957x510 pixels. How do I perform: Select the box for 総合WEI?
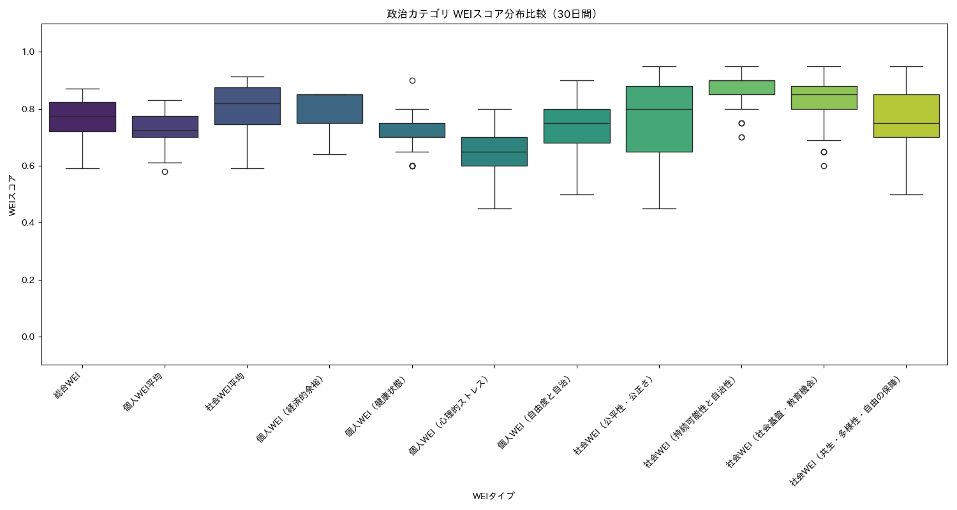(x=82, y=117)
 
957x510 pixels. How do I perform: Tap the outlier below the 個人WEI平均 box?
(x=165, y=171)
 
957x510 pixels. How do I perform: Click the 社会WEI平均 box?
(x=247, y=106)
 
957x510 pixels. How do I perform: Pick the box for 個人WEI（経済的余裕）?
(x=329, y=109)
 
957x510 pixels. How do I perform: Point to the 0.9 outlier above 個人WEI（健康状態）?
(x=412, y=80)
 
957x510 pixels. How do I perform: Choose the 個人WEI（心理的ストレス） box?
(x=494, y=152)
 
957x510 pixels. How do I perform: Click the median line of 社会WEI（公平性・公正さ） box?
(x=659, y=109)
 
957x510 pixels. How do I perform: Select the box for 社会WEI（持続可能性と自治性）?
(x=741, y=87)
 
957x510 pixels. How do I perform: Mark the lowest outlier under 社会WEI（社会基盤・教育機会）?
(x=824, y=166)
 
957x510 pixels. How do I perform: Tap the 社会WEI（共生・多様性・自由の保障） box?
(x=906, y=116)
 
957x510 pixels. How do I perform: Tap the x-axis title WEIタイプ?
(x=494, y=496)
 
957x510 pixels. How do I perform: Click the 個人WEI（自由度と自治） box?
(x=577, y=126)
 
